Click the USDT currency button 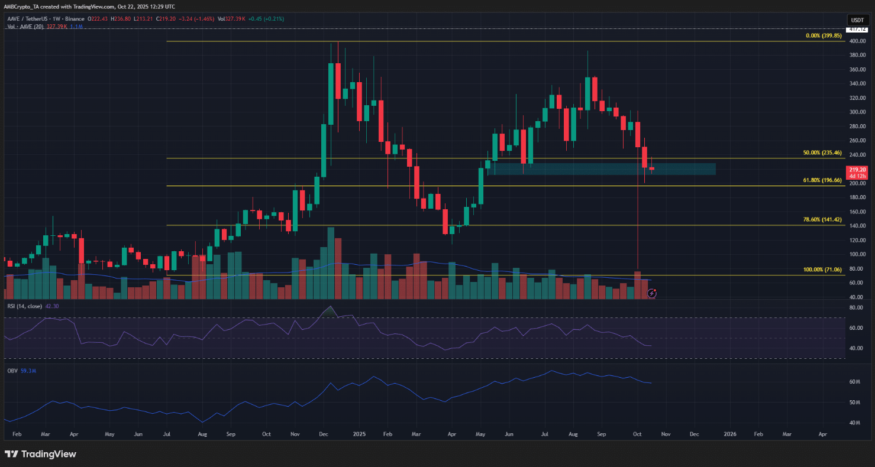pos(857,20)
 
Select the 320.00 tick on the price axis pos(857,98)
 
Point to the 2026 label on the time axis pos(729,434)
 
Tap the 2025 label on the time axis pos(359,434)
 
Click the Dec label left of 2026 pos(694,434)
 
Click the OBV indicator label pos(11,371)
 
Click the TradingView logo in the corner pos(40,454)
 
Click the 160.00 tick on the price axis pos(857,212)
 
